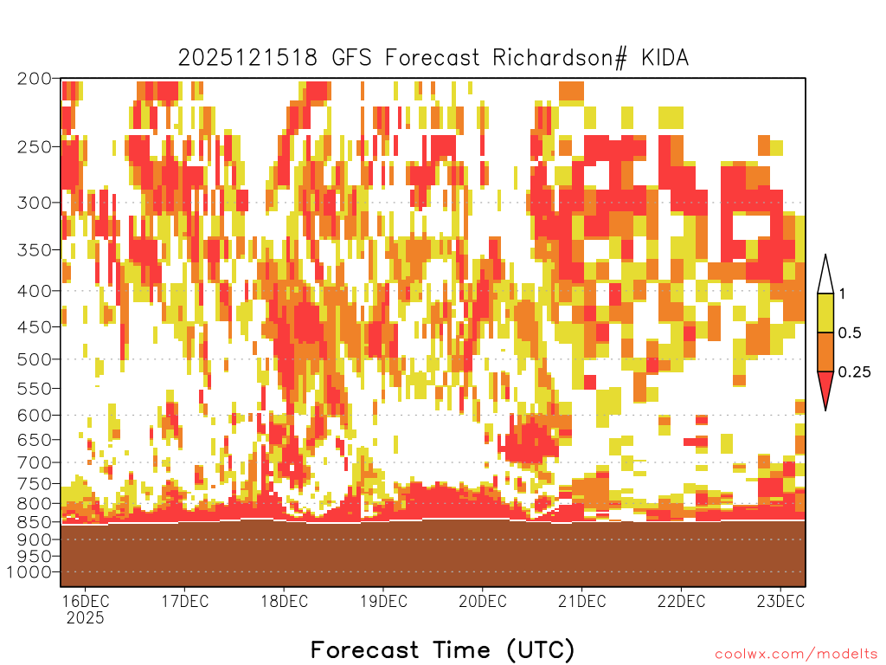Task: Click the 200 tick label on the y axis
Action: coord(35,79)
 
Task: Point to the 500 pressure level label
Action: coord(35,359)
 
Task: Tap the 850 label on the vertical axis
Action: coord(35,521)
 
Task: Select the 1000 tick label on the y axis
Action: coord(29,571)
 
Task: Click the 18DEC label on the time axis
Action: coord(284,601)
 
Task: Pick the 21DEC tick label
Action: coord(582,601)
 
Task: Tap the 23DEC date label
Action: coord(780,601)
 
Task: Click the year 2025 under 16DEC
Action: coord(86,617)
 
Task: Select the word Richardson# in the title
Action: coord(560,58)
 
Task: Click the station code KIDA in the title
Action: coord(665,58)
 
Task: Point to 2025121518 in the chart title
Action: coord(248,58)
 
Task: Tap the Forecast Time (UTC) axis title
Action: coord(442,649)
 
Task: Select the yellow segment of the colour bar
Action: coord(825,313)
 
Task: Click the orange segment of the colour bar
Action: coord(825,352)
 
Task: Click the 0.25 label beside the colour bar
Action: coord(854,371)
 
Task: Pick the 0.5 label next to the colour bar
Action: coord(850,332)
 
